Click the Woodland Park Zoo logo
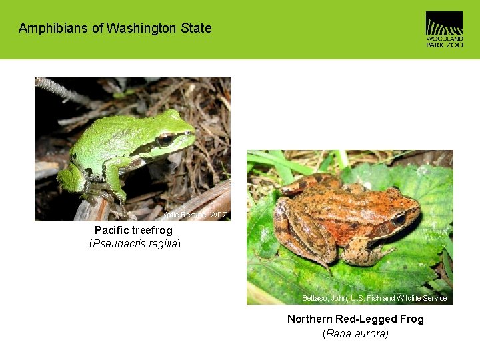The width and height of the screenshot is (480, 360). pos(444,29)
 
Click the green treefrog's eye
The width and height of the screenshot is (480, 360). pos(164,140)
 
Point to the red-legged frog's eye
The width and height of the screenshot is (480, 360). pos(399,218)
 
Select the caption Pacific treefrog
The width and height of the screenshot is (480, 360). pos(133,230)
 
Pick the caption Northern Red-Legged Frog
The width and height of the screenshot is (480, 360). pos(355,319)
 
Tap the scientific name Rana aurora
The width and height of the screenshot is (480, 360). pos(355,333)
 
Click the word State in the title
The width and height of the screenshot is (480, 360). pos(196,29)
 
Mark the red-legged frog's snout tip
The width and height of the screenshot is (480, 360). pos(419,212)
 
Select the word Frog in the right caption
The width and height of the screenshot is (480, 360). pos(411,319)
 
